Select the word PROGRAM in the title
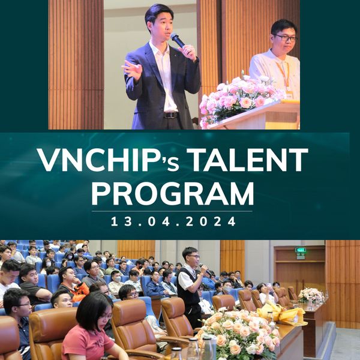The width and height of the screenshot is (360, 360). pos(173,194)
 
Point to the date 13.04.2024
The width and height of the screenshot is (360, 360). pos(173,221)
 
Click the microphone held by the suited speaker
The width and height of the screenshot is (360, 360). pos(179,41)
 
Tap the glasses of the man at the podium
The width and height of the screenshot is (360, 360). pos(284,38)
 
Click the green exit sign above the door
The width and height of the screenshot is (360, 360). pos(301,250)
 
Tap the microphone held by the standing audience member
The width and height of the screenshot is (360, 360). pos(205,269)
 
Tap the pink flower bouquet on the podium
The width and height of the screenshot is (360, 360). pos(240,99)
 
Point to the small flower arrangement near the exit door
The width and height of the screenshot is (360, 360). pos(311,295)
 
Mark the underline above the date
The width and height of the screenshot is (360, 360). pos(172,211)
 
